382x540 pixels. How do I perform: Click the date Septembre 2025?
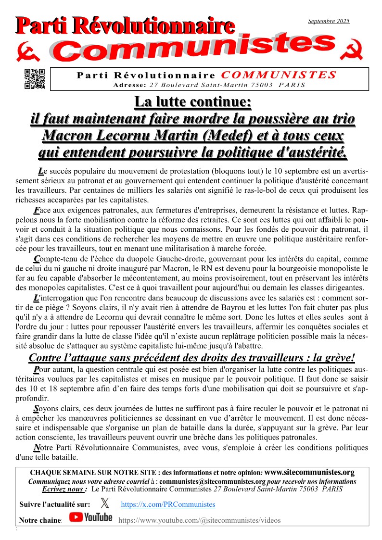[x=329, y=21]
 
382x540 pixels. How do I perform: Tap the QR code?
[x=35, y=79]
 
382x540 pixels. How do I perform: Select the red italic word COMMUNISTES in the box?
[x=279, y=75]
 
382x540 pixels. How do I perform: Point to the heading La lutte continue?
[x=192, y=102]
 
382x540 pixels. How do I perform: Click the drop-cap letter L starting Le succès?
[x=41, y=171]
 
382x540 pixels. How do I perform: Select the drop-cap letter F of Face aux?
[x=36, y=211]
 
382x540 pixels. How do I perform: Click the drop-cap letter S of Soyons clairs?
[x=36, y=409]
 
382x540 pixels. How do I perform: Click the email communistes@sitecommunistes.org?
[x=213, y=481]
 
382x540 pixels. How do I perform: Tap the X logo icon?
[x=104, y=503]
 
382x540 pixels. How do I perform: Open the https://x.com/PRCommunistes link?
[x=168, y=504]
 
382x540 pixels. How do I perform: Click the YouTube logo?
[x=90, y=517]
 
